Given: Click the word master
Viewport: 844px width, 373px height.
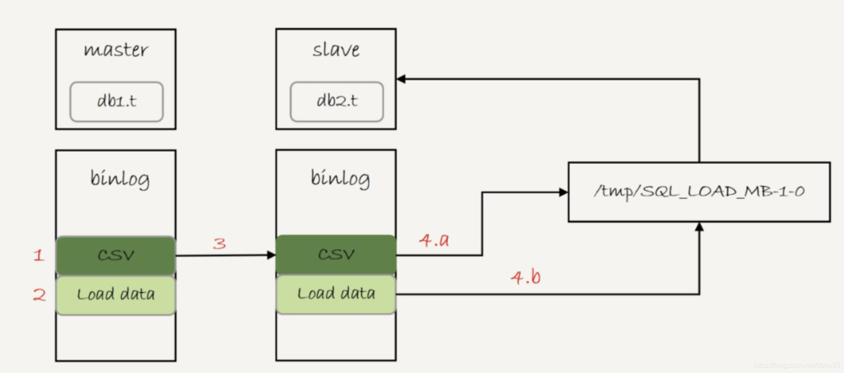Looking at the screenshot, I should [116, 50].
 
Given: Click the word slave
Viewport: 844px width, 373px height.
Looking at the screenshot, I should [336, 50].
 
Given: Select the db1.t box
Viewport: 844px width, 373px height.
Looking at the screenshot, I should [116, 101].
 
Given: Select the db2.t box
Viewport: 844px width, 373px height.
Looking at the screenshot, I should [337, 101].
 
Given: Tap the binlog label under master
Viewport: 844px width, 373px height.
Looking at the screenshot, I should [120, 179].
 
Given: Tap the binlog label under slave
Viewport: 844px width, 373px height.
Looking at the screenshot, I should [340, 178].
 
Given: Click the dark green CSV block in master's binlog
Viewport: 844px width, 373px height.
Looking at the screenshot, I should [116, 255].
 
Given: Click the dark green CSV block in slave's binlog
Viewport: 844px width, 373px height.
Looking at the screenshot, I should [336, 255].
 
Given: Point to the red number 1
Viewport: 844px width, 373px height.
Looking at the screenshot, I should [39, 255].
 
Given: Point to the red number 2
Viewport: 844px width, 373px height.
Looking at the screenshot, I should [39, 295].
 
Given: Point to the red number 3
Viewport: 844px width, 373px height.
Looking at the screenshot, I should [219, 243].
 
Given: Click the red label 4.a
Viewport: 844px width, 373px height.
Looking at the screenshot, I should [434, 240].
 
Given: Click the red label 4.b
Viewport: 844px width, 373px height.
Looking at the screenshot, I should [526, 277].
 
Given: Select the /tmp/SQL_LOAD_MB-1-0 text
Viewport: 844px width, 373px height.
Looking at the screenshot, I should [699, 191].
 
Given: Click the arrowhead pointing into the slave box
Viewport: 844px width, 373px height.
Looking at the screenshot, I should [401, 79].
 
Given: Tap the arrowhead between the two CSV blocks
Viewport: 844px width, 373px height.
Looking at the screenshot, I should [272, 255].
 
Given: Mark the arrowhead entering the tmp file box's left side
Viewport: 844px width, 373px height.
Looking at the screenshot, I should [563, 192].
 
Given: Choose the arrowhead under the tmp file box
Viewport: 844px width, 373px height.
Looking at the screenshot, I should [699, 227].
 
